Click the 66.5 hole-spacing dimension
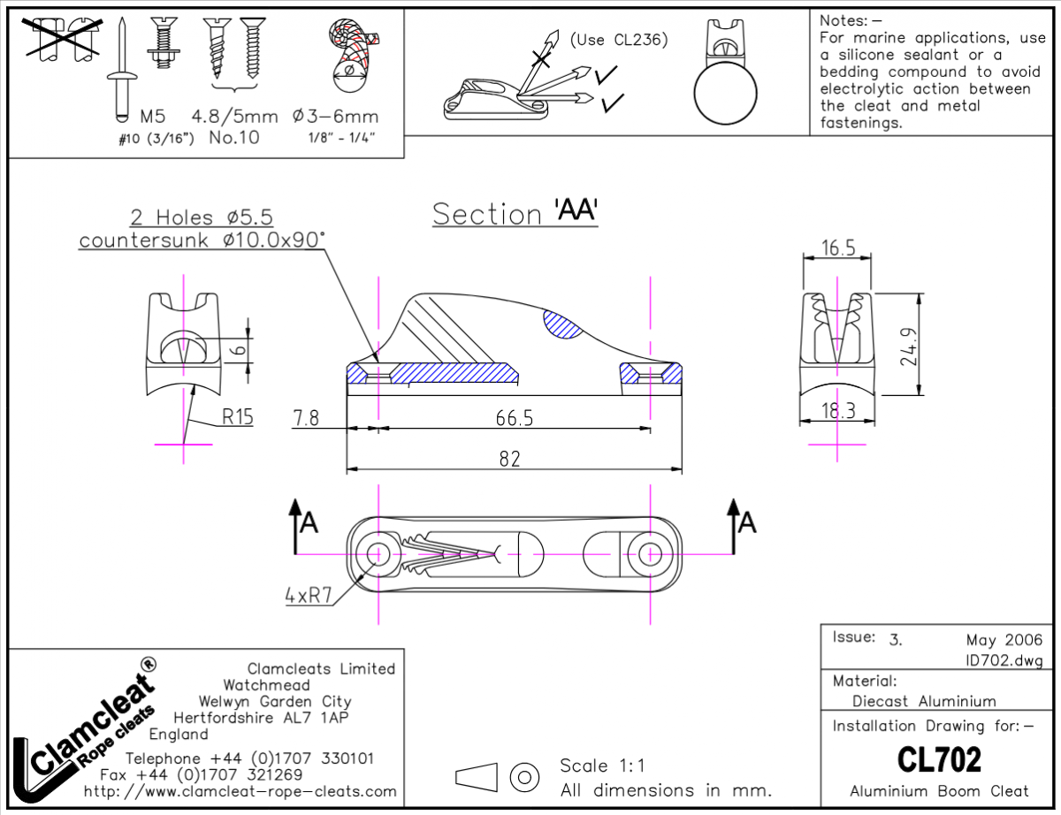(x=515, y=418)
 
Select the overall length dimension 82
(x=509, y=459)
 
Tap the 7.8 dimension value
(x=306, y=418)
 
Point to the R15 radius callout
(x=237, y=416)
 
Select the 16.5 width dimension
(x=837, y=248)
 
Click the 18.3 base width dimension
(x=837, y=410)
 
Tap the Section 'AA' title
(x=515, y=213)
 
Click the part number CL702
(x=939, y=759)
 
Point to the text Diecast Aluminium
(x=924, y=701)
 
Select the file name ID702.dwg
(x=1005, y=660)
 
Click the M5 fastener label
(x=153, y=117)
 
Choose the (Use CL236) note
(x=618, y=40)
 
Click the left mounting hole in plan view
(x=378, y=553)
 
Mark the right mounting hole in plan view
(x=651, y=553)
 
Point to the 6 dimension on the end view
(x=237, y=350)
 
